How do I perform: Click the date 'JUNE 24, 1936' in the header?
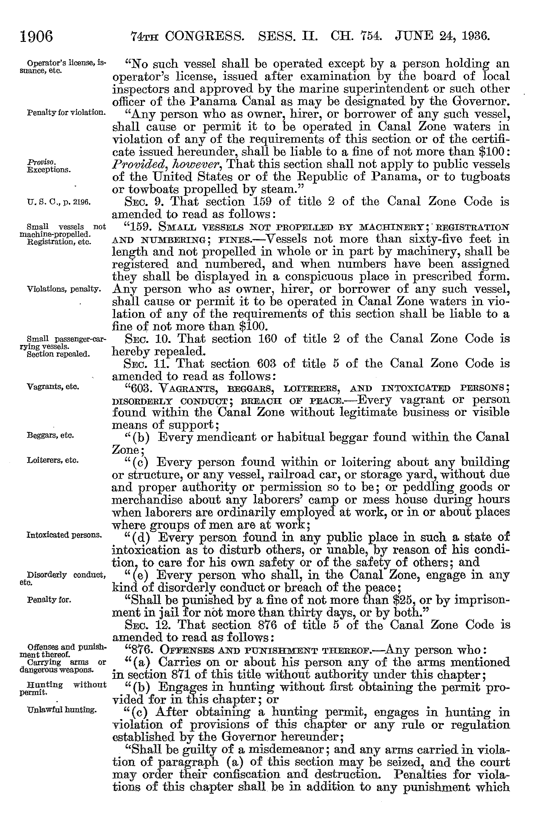point(442,36)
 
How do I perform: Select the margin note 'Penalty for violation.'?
point(66,113)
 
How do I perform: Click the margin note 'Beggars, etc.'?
point(50,436)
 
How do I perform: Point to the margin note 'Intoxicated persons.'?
point(64,535)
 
